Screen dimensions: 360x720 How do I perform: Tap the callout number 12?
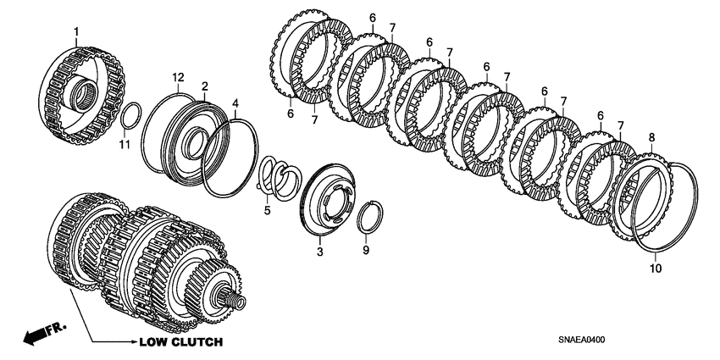pyautogui.click(x=179, y=78)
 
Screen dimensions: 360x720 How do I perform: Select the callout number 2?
pyautogui.click(x=204, y=86)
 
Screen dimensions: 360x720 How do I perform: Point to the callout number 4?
pyautogui.click(x=235, y=102)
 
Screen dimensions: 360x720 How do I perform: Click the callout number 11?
pyautogui.click(x=125, y=146)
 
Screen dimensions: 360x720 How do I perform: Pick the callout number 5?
pyautogui.click(x=268, y=209)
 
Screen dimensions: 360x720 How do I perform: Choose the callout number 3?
pyautogui.click(x=320, y=252)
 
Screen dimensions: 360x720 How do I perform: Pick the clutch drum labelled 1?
pyautogui.click(x=82, y=92)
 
